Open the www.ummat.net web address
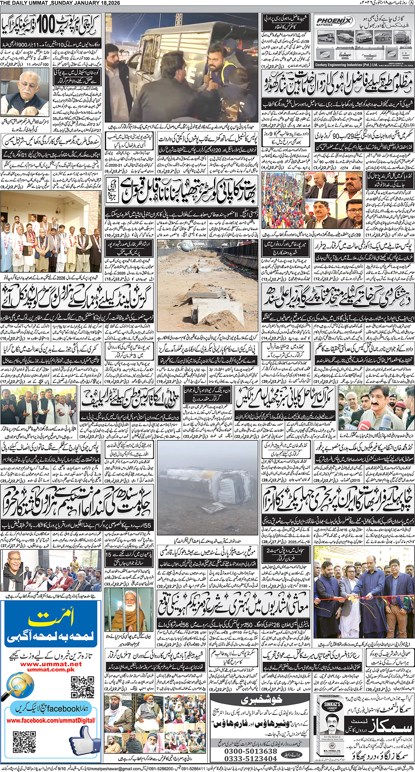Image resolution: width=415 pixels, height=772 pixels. (51, 664)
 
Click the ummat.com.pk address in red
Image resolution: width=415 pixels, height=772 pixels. (51, 670)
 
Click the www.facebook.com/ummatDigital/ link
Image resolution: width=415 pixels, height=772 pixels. (51, 721)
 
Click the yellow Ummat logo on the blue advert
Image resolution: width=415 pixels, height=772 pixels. (51, 619)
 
